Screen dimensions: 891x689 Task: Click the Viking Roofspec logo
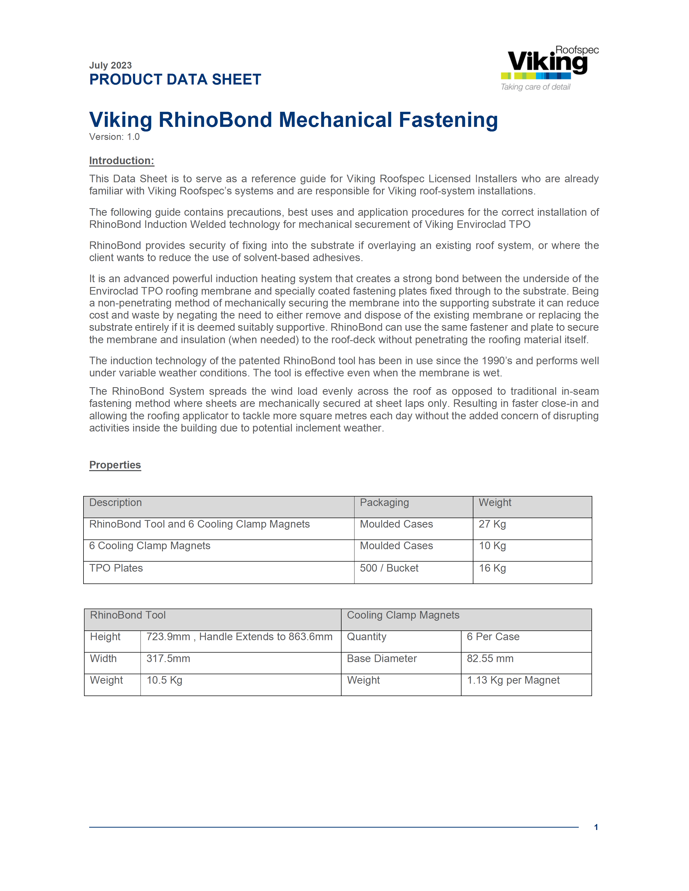[549, 63]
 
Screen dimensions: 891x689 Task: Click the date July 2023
[110, 65]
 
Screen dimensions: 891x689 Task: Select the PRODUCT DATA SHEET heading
[175, 80]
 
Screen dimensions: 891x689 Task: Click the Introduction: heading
[122, 161]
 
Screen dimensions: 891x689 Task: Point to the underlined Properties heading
[115, 465]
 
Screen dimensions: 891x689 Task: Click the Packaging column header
[384, 503]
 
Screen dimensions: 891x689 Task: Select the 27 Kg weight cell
[492, 524]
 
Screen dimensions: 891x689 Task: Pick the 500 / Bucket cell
[389, 568]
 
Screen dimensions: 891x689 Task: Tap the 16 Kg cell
[492, 568]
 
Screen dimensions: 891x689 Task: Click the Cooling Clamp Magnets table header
[403, 615]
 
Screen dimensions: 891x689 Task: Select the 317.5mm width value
[168, 659]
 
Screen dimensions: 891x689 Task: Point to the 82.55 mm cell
[490, 659]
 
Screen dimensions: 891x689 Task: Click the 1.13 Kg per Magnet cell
[513, 680]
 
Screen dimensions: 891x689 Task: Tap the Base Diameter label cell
[382, 659]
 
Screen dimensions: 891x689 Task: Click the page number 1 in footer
[596, 827]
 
